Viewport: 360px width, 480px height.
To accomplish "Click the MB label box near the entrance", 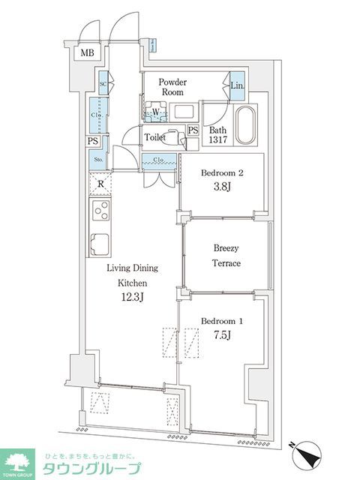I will click(x=88, y=52).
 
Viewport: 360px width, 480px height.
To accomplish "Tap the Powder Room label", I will click(x=172, y=87).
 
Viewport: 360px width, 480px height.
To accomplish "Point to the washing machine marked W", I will click(x=155, y=112).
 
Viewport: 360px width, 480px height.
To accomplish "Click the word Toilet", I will click(x=155, y=138).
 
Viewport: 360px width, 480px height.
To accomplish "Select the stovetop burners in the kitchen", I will click(x=100, y=209).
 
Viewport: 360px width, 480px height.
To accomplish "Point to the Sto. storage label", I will click(x=98, y=159).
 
